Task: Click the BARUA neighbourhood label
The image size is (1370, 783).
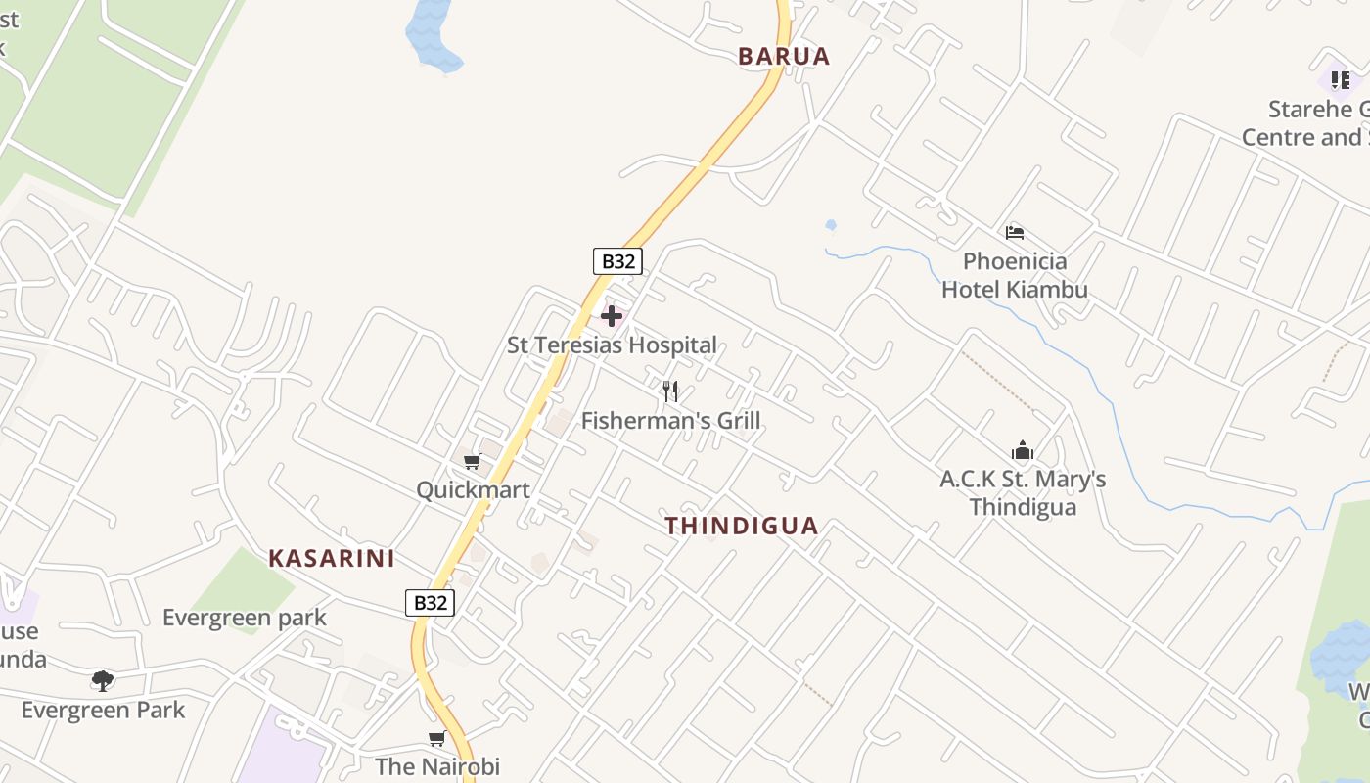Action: coord(784,57)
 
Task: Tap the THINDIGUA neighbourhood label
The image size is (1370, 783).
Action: coord(742,527)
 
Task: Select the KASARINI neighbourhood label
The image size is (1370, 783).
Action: coord(332,559)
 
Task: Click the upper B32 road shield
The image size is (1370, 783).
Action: coord(618,261)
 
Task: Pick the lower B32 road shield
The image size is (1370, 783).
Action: coord(430,603)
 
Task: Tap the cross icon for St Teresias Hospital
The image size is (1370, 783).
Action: coord(612,316)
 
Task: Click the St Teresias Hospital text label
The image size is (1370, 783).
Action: coord(612,345)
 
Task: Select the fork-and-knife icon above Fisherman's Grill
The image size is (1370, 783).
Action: coord(670,391)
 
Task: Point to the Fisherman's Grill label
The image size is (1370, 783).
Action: coord(670,421)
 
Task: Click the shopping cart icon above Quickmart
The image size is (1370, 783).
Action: coord(473,461)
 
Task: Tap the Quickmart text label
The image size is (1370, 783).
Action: coord(473,490)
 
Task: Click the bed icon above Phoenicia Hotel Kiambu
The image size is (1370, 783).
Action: coord(1015,233)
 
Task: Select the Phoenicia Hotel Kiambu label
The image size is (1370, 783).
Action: coord(1015,276)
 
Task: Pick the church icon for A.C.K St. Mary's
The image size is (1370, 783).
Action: coord(1023,451)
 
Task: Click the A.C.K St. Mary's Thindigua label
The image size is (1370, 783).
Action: coord(1023,493)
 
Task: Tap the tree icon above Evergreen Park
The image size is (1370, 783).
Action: coord(103,680)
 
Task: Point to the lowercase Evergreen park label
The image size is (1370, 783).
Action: coord(245,618)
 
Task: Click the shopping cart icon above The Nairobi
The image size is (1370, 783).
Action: coord(437,738)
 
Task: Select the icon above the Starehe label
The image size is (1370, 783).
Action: coord(1340,79)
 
